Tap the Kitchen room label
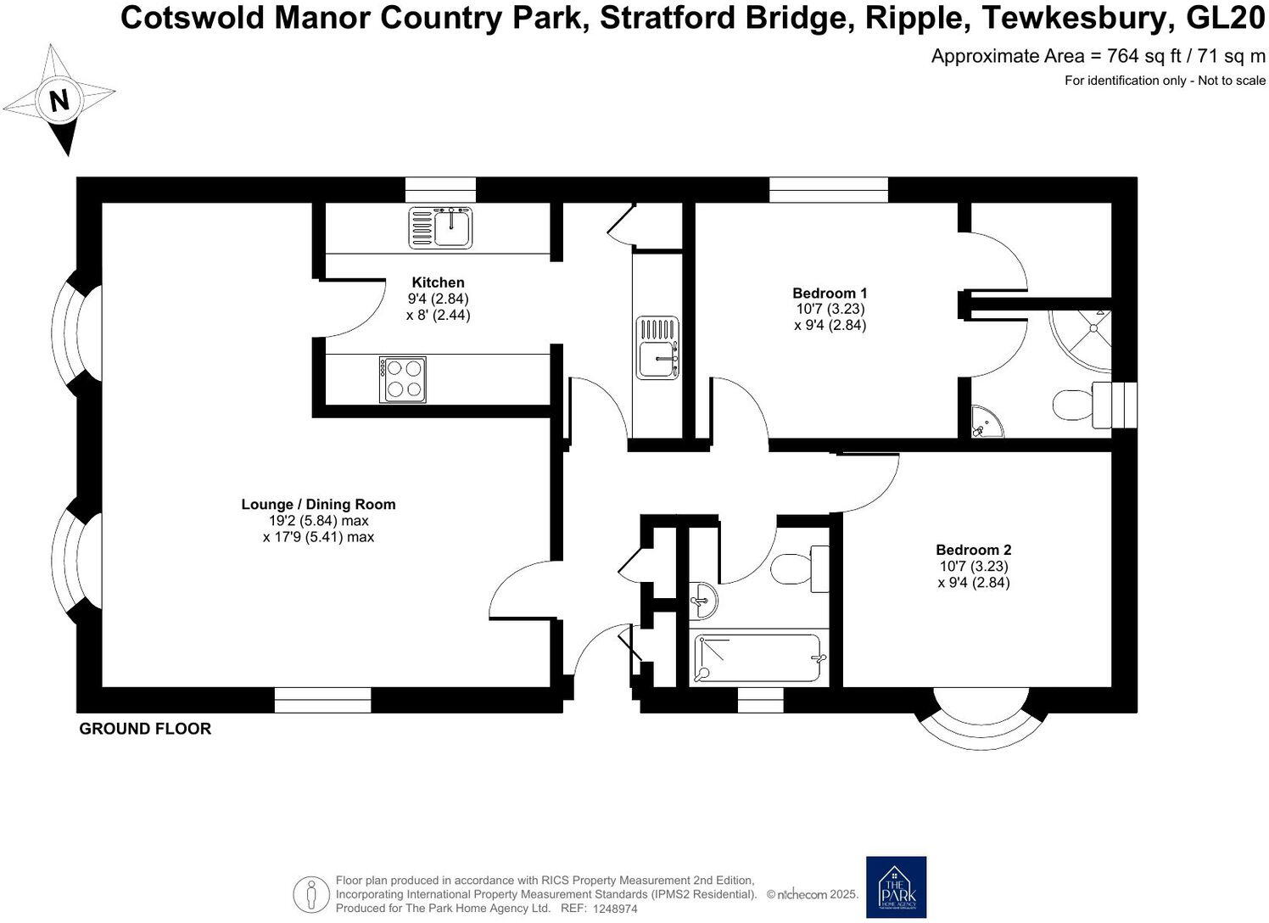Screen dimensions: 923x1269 [x=438, y=282]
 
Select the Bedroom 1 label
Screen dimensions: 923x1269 [x=830, y=294]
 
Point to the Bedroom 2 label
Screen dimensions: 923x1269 [x=973, y=551]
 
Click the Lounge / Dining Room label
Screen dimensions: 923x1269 [x=318, y=505]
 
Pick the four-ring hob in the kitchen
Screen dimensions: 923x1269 [x=402, y=379]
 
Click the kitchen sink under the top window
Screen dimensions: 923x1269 [x=441, y=227]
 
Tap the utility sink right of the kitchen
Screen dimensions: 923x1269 [x=658, y=348]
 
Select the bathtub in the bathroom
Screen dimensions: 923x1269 [x=758, y=657]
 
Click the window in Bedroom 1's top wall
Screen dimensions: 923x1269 [x=828, y=189]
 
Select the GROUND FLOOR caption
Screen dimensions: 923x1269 [x=145, y=729]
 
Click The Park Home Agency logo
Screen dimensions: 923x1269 [x=896, y=887]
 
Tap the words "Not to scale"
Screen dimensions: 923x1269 [x=1231, y=81]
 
